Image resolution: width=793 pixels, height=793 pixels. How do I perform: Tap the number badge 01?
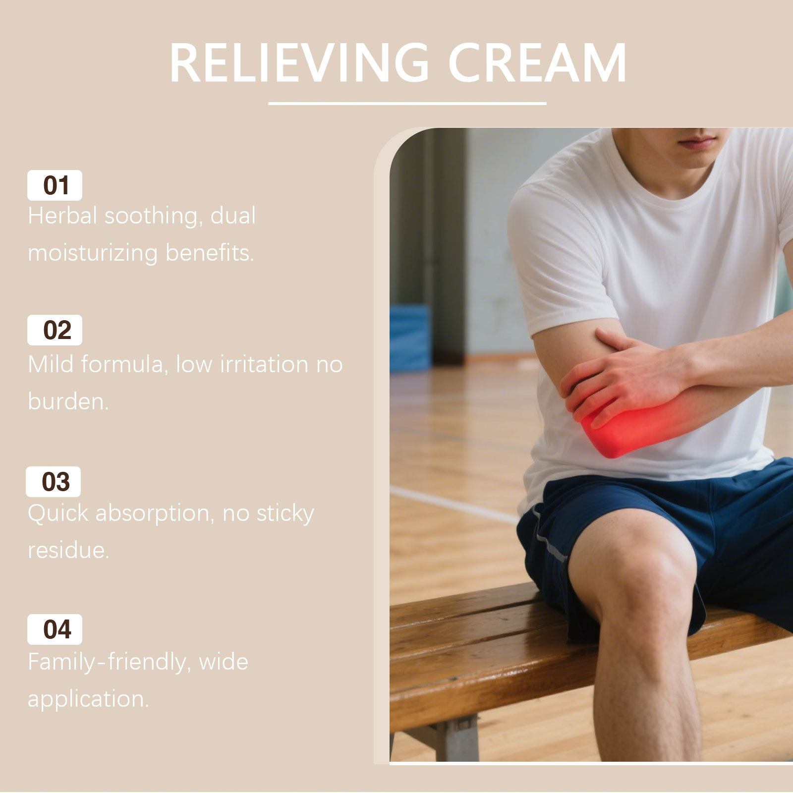click(x=55, y=185)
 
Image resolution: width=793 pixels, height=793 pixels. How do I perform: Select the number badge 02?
click(x=55, y=330)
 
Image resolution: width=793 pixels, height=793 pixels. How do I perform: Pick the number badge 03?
click(x=54, y=482)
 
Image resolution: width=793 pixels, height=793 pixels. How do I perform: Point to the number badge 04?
click(x=55, y=629)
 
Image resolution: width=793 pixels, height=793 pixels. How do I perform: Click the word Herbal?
click(x=62, y=216)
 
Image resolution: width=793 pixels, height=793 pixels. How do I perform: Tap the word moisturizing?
click(x=93, y=253)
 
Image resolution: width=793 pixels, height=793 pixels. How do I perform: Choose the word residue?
click(x=68, y=550)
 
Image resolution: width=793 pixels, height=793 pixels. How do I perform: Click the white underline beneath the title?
click(x=407, y=104)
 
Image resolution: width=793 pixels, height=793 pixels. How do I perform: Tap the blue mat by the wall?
click(x=410, y=338)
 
